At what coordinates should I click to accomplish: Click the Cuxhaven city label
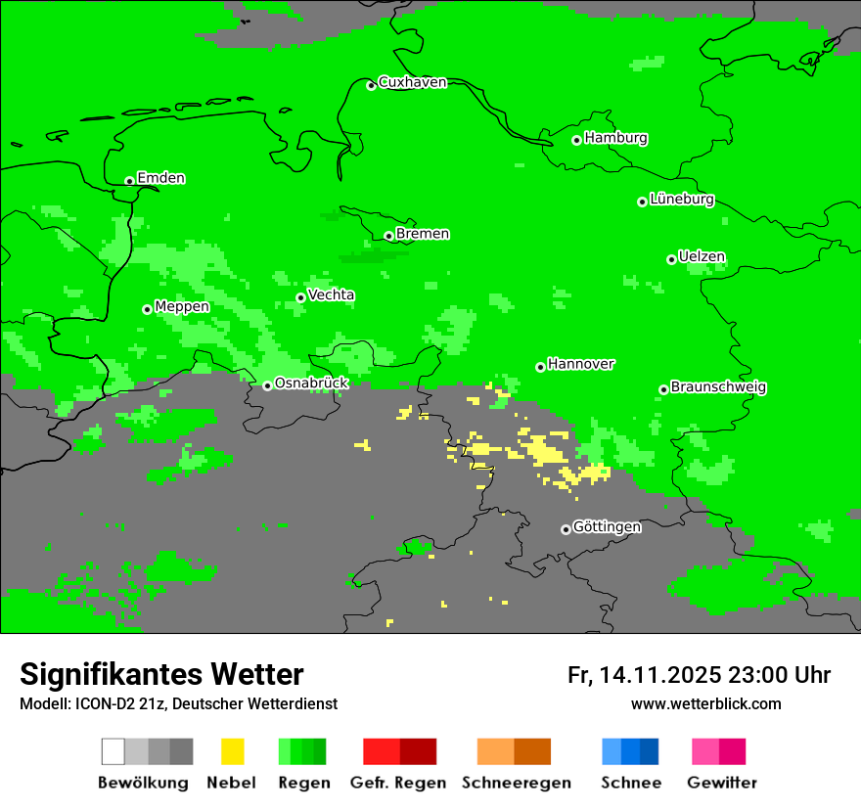pos(412,82)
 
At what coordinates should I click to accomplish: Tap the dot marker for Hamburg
pos(577,140)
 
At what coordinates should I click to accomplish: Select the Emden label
pos(160,178)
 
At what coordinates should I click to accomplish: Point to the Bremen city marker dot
pos(388,236)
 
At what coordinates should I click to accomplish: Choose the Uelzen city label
pos(702,257)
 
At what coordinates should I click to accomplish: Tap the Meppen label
pos(182,306)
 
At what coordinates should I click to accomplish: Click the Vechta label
pos(331,294)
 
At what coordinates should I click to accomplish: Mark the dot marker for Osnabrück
pos(267,385)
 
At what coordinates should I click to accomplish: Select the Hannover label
pos(580,364)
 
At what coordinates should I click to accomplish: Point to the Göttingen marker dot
pos(566,529)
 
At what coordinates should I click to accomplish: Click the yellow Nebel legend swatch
pos(232,751)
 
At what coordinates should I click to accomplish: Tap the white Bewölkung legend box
pos(113,751)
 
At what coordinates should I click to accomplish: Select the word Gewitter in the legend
pos(721,783)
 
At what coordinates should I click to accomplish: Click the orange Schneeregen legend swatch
pos(495,751)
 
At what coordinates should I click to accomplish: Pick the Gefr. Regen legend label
pos(398,783)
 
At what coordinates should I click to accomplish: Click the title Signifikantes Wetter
pos(161,674)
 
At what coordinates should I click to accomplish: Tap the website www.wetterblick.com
pos(705,704)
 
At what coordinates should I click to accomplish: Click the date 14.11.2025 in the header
pos(660,675)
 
